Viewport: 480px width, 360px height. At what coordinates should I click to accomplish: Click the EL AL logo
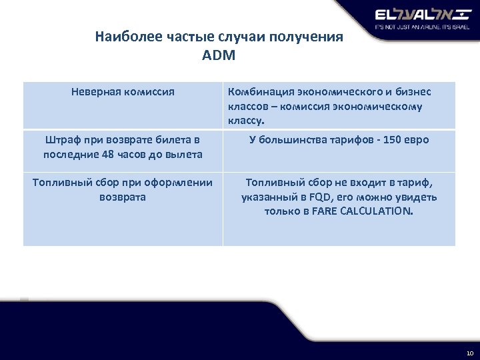pyautogui.click(x=418, y=15)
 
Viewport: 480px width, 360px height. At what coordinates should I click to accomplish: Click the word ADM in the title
pyautogui.click(x=219, y=55)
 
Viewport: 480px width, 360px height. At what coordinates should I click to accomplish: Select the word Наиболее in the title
pyautogui.click(x=123, y=37)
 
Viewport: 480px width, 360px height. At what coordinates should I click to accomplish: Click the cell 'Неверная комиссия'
pyautogui.click(x=123, y=91)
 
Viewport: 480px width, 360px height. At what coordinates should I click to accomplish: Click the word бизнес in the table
pyautogui.click(x=414, y=91)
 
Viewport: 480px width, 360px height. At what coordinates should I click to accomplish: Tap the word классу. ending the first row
pyautogui.click(x=246, y=121)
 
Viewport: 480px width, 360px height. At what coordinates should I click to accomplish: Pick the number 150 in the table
pyautogui.click(x=388, y=140)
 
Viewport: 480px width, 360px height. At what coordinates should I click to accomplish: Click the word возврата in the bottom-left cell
pyautogui.click(x=123, y=197)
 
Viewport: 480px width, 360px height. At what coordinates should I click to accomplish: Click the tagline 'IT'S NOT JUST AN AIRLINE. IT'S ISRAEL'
pyautogui.click(x=418, y=28)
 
